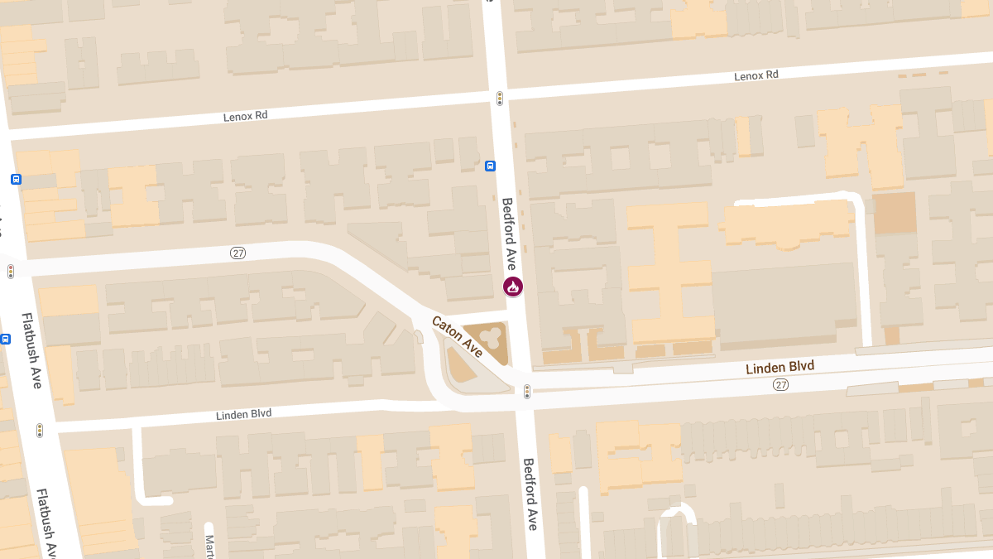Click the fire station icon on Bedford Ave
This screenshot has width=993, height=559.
coord(513,287)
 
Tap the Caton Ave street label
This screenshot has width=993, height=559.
coord(457,336)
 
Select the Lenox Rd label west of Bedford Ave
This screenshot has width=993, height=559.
coord(246,117)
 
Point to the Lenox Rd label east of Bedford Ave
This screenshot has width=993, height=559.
coord(756,75)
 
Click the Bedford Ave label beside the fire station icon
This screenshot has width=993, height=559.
coord(510,234)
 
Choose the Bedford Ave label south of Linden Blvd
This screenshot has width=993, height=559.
coord(530,494)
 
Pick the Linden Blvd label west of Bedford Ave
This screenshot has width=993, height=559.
coord(243,414)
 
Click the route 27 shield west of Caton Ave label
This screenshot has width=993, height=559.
coord(237,253)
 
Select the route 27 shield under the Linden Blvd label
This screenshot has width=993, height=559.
coord(780,385)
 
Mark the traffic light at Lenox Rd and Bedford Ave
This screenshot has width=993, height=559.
coord(500,99)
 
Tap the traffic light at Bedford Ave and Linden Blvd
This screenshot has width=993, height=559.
coord(527,391)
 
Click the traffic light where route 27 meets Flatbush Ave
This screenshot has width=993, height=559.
coord(11,271)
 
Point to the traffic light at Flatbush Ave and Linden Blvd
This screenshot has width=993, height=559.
coord(39,430)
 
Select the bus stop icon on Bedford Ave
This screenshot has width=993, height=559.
coord(490,165)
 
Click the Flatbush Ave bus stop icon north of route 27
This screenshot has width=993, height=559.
coord(16,179)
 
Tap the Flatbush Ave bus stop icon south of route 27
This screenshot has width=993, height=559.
coord(5,338)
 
